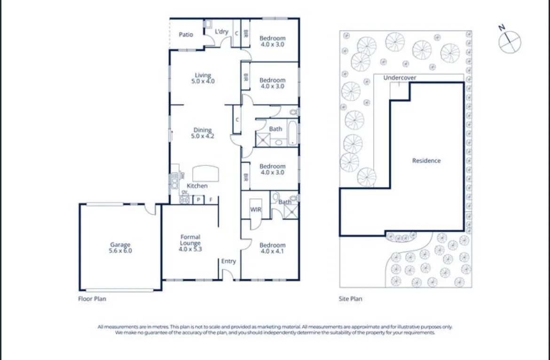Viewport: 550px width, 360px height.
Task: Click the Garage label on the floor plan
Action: pyautogui.click(x=121, y=248)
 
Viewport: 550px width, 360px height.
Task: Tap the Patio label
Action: pyautogui.click(x=186, y=34)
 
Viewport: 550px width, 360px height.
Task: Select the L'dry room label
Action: pyautogui.click(x=221, y=32)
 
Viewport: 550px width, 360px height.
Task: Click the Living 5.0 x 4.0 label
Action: pyautogui.click(x=203, y=78)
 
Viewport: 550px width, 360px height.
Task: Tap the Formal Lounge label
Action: pyautogui.click(x=190, y=243)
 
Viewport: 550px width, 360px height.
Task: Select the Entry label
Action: pyautogui.click(x=228, y=261)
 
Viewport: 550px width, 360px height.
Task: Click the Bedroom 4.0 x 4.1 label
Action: pyautogui.click(x=272, y=248)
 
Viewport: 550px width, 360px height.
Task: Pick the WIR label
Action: pyautogui.click(x=256, y=210)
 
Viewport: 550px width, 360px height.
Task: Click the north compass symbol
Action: pyautogui.click(x=510, y=41)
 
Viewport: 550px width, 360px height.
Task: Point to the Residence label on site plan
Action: pyautogui.click(x=426, y=161)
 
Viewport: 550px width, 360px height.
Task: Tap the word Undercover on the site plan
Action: pyautogui.click(x=400, y=78)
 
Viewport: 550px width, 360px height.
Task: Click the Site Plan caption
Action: pyautogui.click(x=351, y=298)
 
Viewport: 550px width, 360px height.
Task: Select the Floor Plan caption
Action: pyautogui.click(x=92, y=298)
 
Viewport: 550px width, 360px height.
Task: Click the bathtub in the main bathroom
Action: pyautogui.click(x=293, y=133)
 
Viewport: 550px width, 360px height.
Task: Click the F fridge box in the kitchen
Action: pyautogui.click(x=211, y=200)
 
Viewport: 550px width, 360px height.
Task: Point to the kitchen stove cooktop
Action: pyautogui.click(x=184, y=199)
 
